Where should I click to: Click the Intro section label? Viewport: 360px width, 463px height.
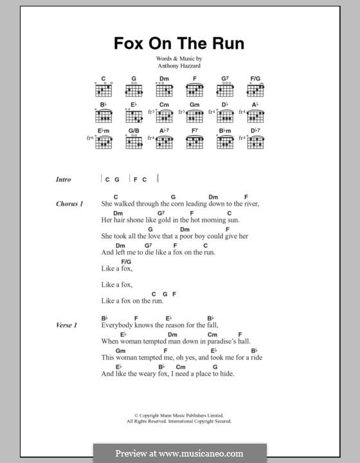tap(64, 179)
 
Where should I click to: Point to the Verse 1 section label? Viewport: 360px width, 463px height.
tap(67, 326)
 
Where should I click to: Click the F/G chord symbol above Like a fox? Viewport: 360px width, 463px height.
tap(125, 262)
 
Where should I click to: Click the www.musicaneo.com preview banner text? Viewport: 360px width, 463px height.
tap(180, 453)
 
